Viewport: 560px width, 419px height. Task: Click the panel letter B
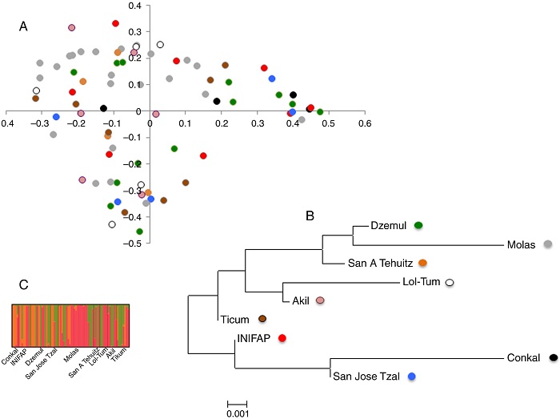click(x=310, y=216)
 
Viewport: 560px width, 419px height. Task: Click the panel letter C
click(x=24, y=284)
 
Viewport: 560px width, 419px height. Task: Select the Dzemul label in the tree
click(x=390, y=227)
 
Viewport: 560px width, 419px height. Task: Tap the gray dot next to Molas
click(x=548, y=244)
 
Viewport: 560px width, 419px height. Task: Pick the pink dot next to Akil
click(x=320, y=300)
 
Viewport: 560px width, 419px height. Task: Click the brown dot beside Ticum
click(x=262, y=319)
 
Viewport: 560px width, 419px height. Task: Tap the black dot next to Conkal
click(x=554, y=357)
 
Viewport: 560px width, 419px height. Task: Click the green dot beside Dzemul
click(x=418, y=227)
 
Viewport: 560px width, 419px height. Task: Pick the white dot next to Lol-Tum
click(x=450, y=283)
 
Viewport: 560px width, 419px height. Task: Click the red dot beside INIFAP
click(x=282, y=339)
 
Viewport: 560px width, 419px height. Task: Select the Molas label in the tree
click(x=521, y=244)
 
